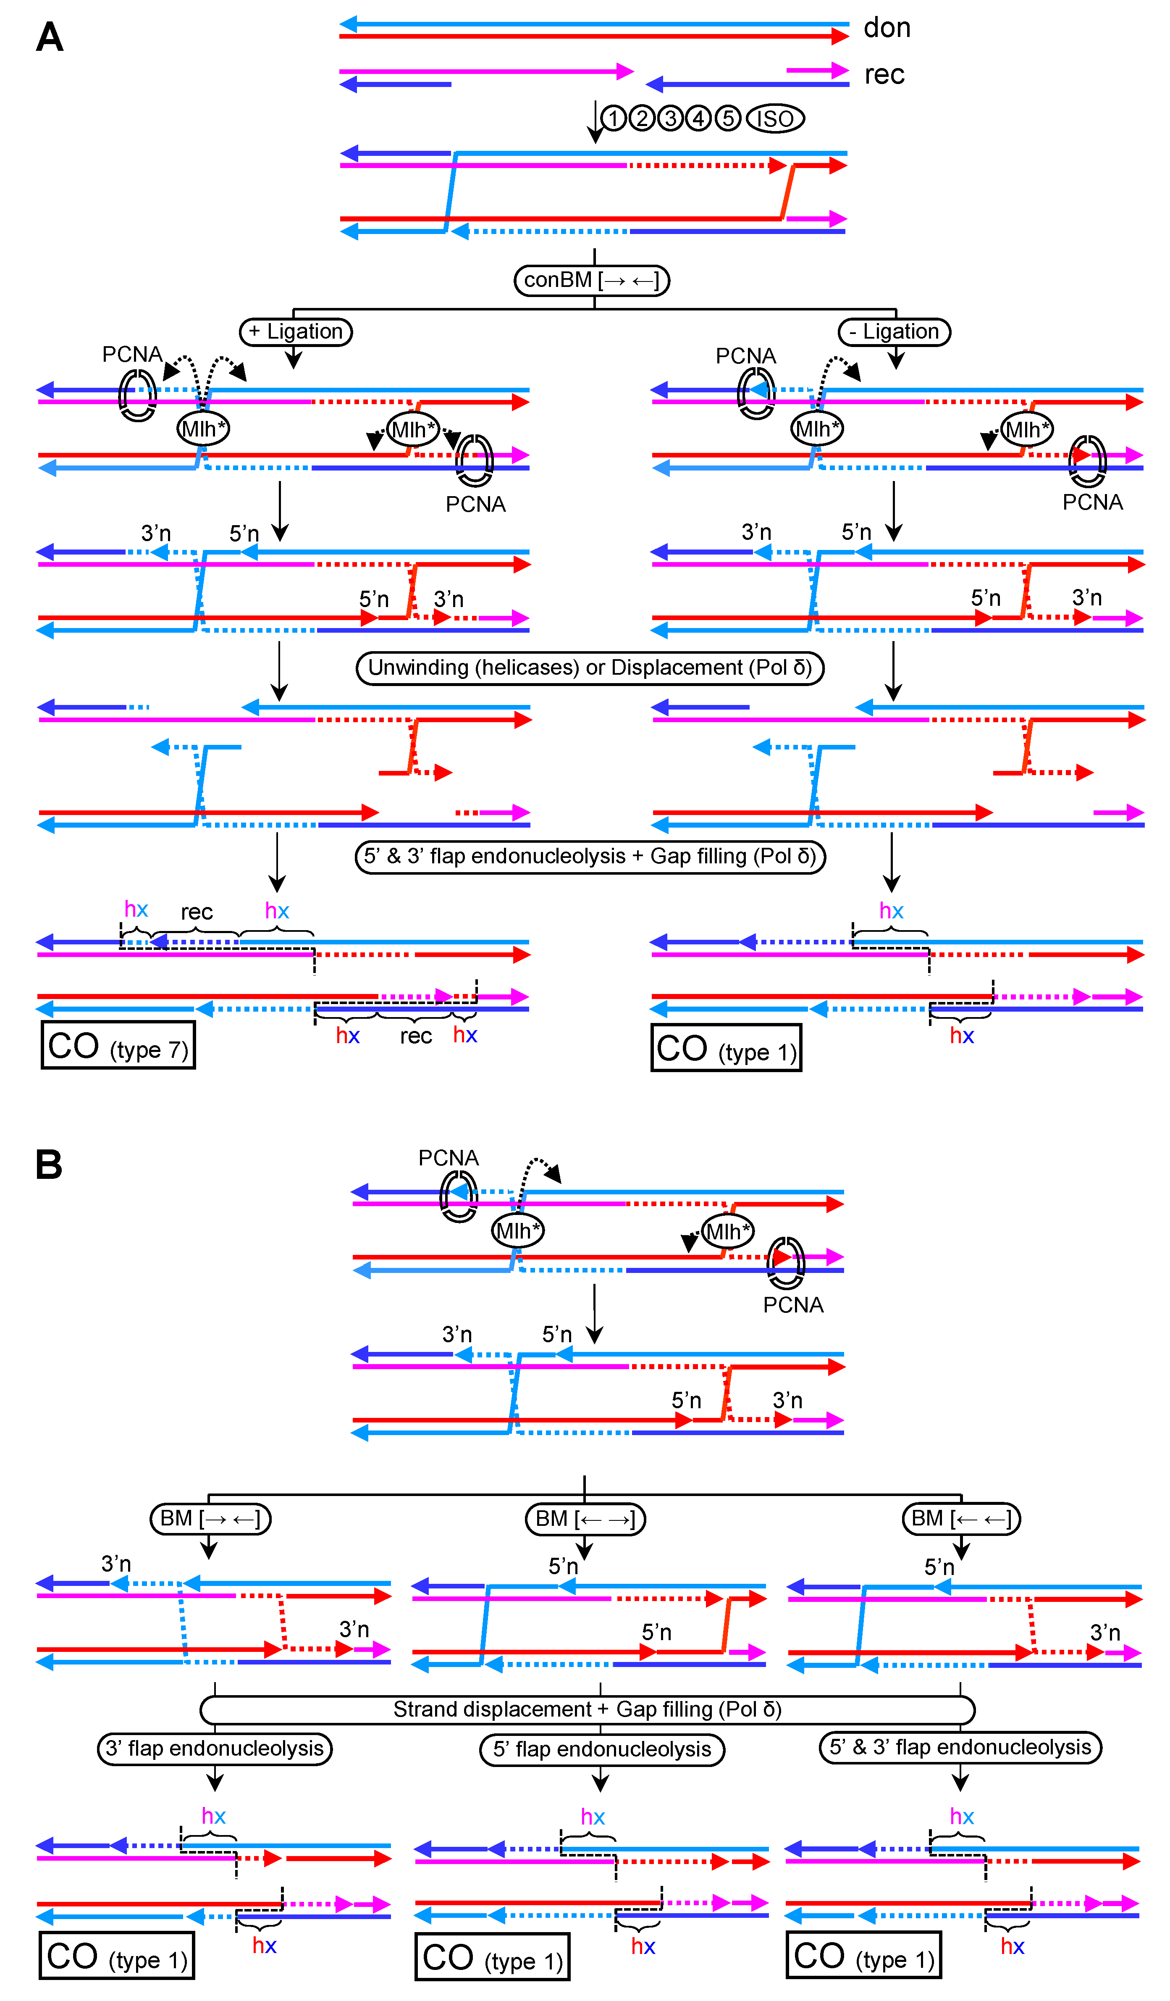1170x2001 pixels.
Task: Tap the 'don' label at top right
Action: tap(887, 28)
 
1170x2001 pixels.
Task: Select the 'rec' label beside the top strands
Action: tap(884, 75)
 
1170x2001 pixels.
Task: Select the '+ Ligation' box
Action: tap(295, 331)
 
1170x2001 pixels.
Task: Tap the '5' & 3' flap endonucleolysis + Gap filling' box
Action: tap(590, 857)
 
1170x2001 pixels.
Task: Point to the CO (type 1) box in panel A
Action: tap(726, 1048)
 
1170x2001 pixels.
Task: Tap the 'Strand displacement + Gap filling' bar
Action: tap(588, 1709)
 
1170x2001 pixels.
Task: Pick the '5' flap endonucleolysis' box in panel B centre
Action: tap(602, 1749)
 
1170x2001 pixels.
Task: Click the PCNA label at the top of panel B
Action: tap(449, 1159)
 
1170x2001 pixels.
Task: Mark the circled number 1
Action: tap(613, 118)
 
